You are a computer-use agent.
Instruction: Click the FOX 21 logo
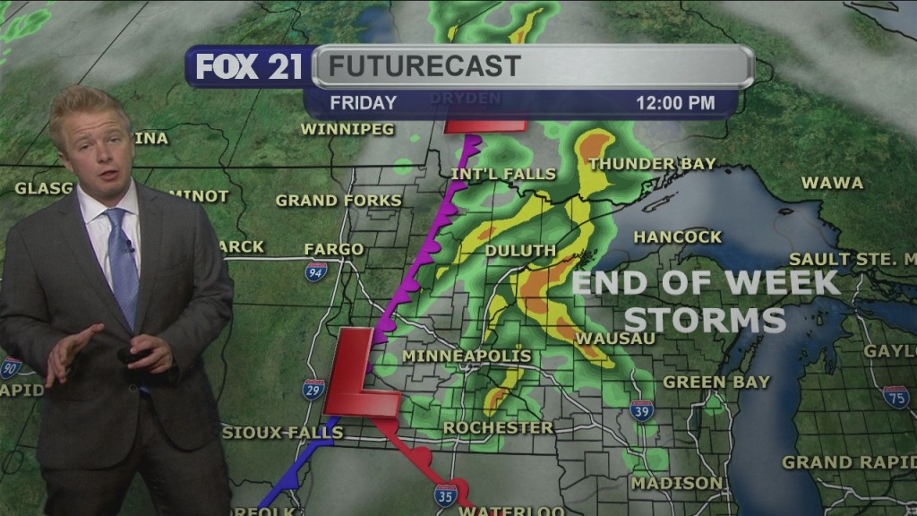pos(249,66)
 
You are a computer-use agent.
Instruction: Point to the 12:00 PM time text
pos(675,103)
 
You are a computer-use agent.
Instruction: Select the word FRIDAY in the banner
pos(363,103)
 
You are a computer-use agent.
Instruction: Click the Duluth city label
pos(520,250)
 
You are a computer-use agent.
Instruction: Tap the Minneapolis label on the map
pos(467,357)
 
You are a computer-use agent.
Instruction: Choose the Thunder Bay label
pos(652,164)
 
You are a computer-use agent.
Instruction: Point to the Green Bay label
pos(716,383)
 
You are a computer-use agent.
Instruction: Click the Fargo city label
pos(334,249)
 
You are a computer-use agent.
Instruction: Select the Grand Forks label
pos(339,201)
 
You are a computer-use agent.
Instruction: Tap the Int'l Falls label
pos(503,174)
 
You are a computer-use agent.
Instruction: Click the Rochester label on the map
pos(498,428)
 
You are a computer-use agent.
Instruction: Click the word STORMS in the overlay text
pos(705,320)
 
